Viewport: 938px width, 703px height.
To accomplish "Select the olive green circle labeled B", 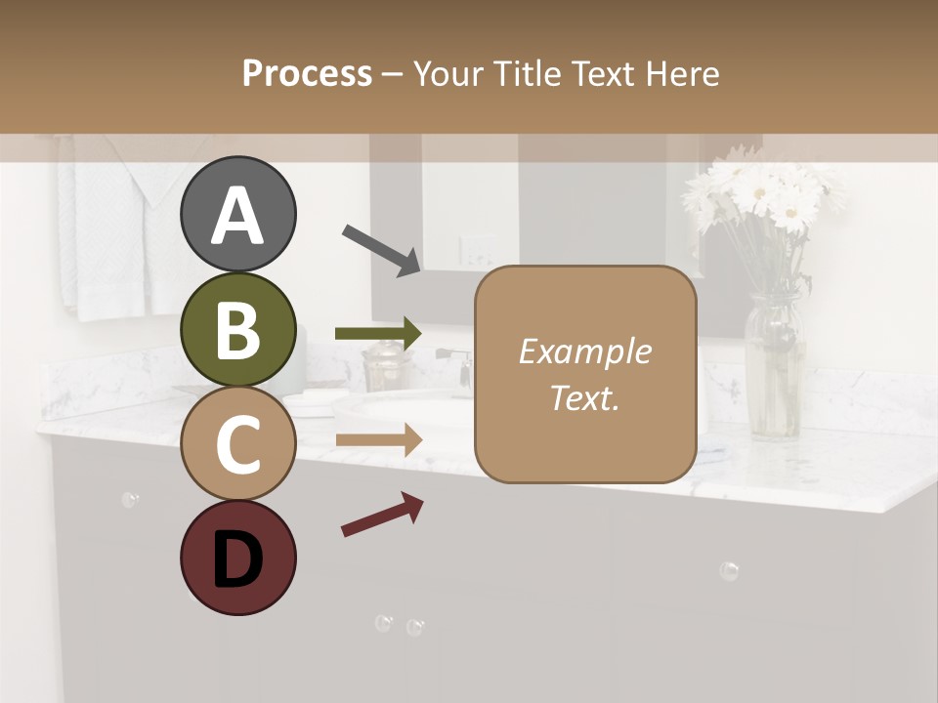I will pyautogui.click(x=237, y=330).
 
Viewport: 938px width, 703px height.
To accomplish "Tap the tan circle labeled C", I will pyautogui.click(x=237, y=443).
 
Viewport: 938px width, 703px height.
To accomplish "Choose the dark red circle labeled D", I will pyautogui.click(x=237, y=558).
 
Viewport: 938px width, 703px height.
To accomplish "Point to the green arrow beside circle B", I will pyautogui.click(x=378, y=334).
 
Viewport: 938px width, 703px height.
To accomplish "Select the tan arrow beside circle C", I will pyautogui.click(x=378, y=441).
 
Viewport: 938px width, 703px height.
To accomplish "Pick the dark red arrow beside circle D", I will pyautogui.click(x=382, y=515).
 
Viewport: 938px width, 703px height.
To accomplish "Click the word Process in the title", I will pyautogui.click(x=307, y=74).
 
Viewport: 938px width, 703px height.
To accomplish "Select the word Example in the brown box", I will pyautogui.click(x=584, y=351).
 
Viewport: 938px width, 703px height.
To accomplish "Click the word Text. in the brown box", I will pyautogui.click(x=584, y=397).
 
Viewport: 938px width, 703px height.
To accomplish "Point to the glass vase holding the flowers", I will pyautogui.click(x=774, y=366).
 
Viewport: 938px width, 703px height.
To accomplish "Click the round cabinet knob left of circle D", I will pyautogui.click(x=129, y=500).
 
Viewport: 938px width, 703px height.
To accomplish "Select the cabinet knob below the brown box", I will pyautogui.click(x=728, y=570).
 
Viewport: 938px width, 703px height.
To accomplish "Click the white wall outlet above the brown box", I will pyautogui.click(x=477, y=250).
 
